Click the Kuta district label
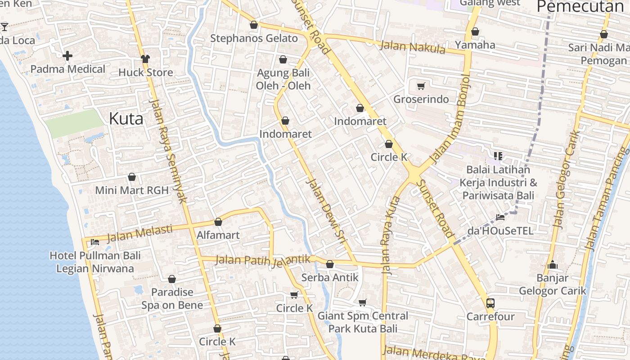tap(126, 119)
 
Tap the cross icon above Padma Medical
tap(67, 56)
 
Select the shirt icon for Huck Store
tap(145, 59)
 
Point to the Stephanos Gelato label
tap(254, 38)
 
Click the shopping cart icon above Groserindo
tap(421, 86)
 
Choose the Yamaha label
tap(475, 45)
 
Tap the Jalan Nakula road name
tap(412, 47)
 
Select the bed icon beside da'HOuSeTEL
tap(500, 217)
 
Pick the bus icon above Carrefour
tap(490, 303)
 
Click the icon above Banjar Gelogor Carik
tap(553, 265)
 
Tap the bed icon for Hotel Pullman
tap(95, 242)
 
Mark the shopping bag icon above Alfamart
tap(218, 222)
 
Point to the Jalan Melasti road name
tap(139, 233)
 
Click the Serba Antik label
tap(330, 277)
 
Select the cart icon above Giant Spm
tap(363, 302)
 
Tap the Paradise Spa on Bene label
tap(172, 298)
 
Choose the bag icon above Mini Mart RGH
tap(132, 177)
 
